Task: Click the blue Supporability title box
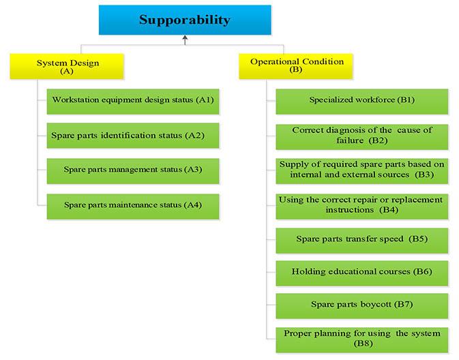(185, 20)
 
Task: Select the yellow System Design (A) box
(67, 66)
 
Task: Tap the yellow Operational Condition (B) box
(296, 66)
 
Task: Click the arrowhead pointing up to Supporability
(185, 37)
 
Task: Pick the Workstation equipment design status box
(133, 102)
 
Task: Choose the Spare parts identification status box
(133, 136)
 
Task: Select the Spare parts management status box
(133, 171)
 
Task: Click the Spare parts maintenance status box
(133, 207)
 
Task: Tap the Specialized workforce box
(362, 102)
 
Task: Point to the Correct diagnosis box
(362, 137)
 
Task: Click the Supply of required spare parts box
(362, 171)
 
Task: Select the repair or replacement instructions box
(362, 207)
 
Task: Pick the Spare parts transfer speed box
(362, 241)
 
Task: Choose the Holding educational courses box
(362, 273)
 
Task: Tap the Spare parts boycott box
(362, 306)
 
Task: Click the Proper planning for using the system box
(362, 340)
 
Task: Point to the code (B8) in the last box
(363, 344)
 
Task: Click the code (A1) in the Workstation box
(205, 100)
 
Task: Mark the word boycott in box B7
(376, 304)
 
